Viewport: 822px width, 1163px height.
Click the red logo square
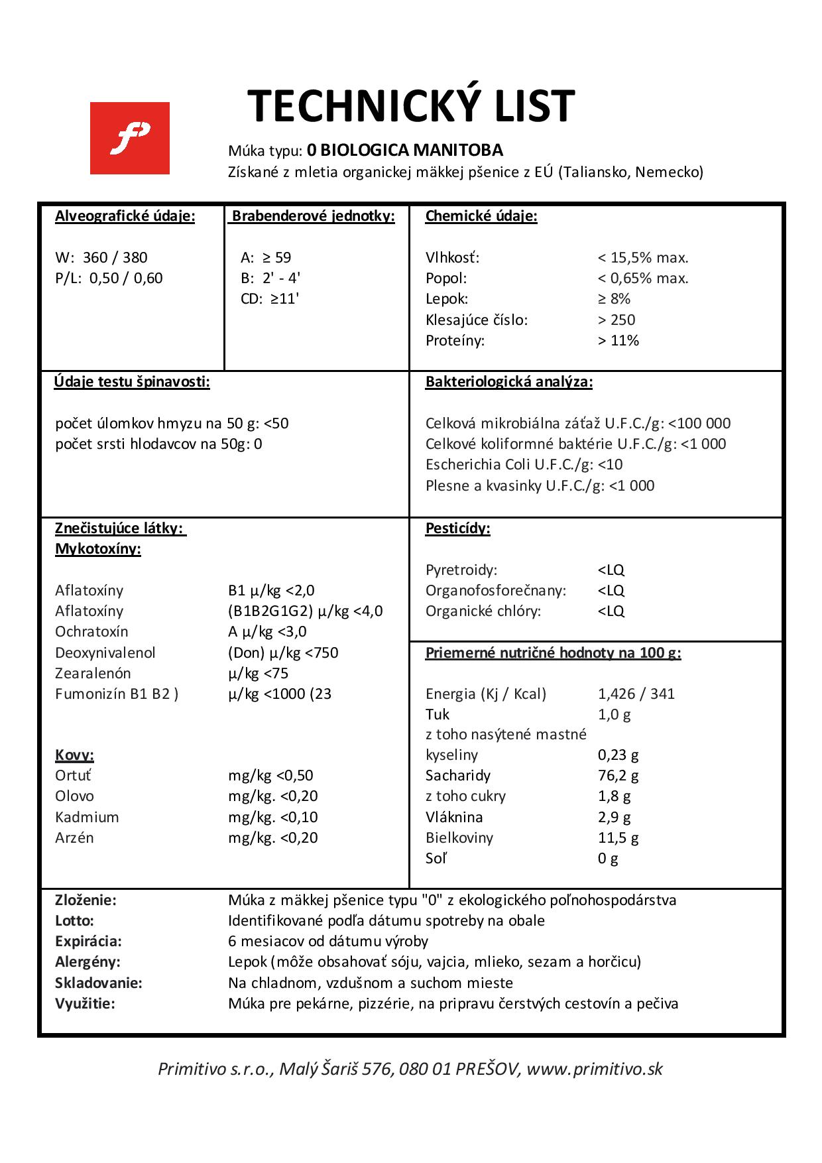click(129, 138)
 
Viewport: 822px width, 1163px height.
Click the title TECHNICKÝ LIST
click(411, 106)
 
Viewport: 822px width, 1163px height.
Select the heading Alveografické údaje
click(125, 216)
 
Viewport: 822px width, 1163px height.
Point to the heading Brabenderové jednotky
click(313, 216)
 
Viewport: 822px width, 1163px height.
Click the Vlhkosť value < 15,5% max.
click(643, 257)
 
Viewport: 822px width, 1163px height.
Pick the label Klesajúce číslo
click(477, 320)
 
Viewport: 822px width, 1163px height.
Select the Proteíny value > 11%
click(618, 340)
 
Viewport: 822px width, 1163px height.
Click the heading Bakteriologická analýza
click(509, 382)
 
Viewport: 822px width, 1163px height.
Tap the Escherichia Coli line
click(524, 464)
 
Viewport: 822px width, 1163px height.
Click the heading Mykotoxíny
click(98, 549)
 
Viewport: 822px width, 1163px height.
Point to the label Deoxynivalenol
click(105, 652)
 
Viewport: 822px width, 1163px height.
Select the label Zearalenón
click(93, 673)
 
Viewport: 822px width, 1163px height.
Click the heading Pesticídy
click(458, 528)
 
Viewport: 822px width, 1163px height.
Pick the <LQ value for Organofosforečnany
click(611, 590)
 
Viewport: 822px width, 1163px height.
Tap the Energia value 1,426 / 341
click(636, 694)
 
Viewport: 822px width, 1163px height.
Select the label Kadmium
click(88, 817)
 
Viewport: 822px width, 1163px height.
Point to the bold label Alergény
click(88, 961)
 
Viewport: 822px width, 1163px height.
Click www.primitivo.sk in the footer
click(595, 1069)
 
